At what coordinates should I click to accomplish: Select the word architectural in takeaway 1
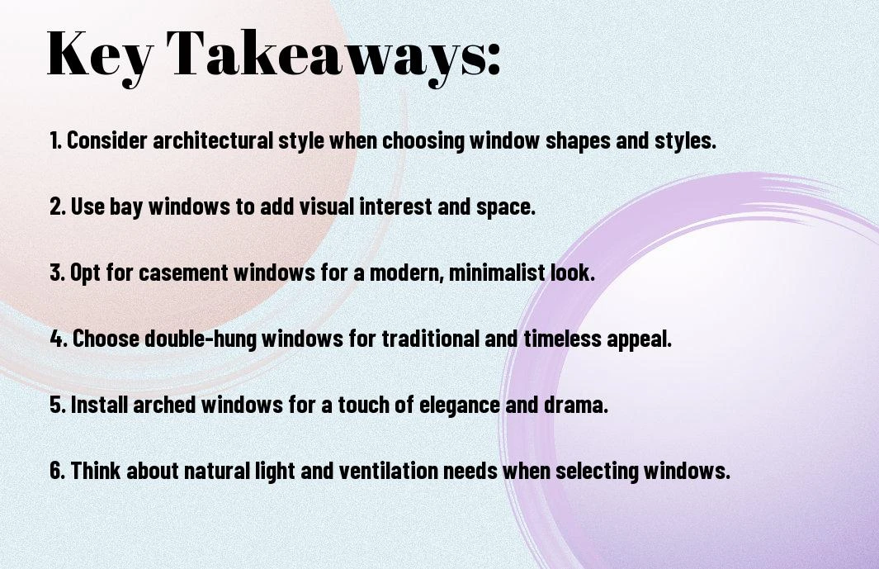212,140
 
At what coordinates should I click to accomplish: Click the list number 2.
58,206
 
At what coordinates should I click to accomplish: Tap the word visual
326,206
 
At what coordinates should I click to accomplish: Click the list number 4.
59,339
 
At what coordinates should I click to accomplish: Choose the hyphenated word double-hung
200,339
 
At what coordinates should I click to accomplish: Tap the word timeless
562,339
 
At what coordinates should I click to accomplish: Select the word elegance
459,405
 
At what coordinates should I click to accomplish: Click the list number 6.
57,470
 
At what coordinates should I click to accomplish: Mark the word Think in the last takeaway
96,470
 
